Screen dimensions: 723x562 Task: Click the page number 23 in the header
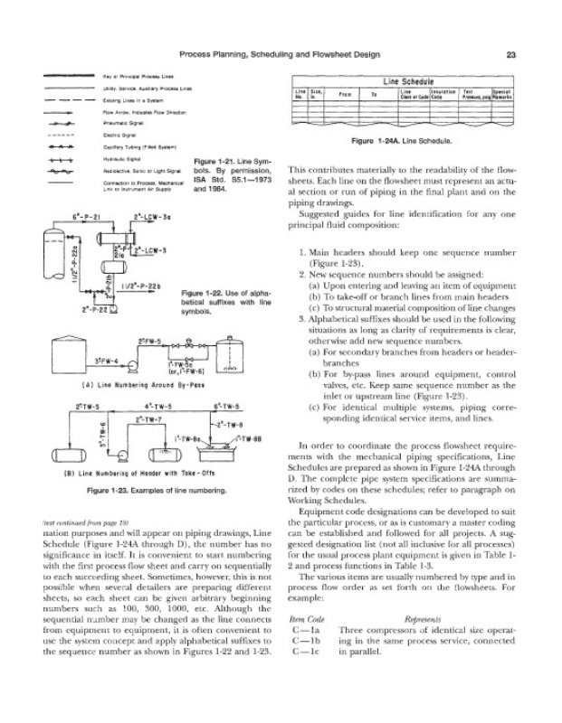tap(510, 54)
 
